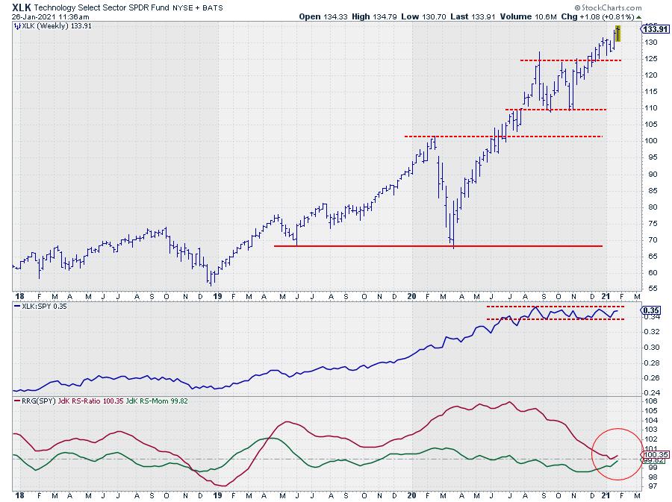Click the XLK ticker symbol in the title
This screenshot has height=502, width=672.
(x=22, y=6)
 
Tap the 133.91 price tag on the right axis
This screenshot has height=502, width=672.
(x=653, y=30)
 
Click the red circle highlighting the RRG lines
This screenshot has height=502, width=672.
(x=617, y=454)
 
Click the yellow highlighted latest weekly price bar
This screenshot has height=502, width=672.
(x=617, y=34)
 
